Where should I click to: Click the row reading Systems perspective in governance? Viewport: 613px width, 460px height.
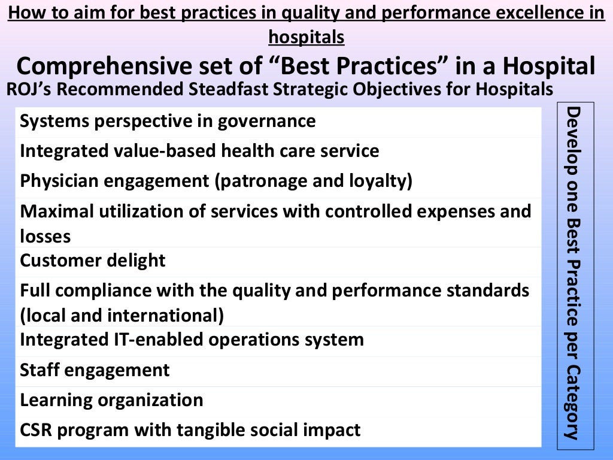(168, 122)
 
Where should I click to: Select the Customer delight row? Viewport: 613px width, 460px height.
(93, 261)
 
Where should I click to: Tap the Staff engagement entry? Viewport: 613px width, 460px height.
(95, 370)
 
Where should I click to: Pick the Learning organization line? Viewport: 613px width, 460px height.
(111, 400)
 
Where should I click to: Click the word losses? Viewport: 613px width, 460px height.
(45, 237)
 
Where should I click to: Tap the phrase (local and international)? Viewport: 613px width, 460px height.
(122, 315)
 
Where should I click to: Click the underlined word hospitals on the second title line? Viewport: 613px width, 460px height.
(306, 37)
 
